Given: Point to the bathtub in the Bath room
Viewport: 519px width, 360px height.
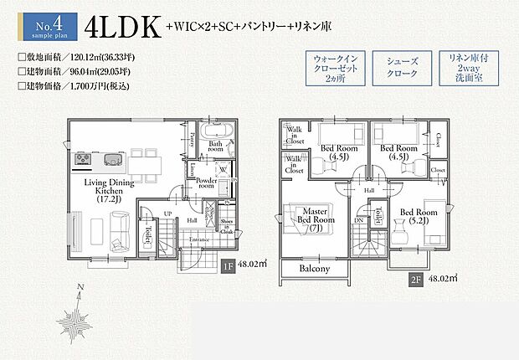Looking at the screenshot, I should [x=218, y=131].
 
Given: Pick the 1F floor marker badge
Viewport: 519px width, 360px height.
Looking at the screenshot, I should [x=228, y=268].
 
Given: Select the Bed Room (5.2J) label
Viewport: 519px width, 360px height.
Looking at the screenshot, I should [x=418, y=218].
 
